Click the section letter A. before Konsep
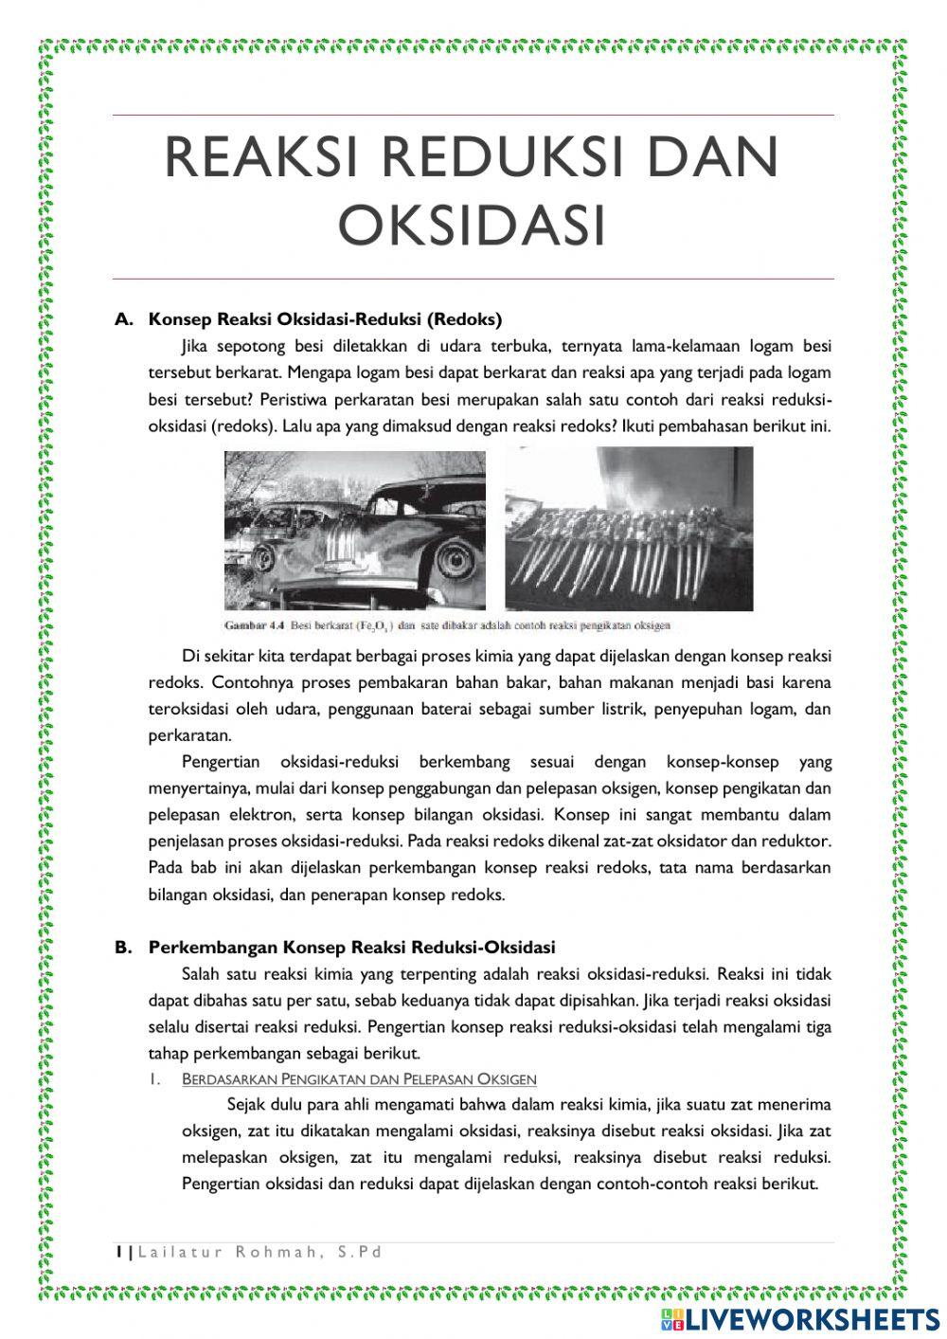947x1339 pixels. (x=123, y=319)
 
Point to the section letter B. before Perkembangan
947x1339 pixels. (x=123, y=947)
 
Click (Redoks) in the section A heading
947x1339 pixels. (x=464, y=319)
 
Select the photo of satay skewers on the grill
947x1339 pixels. (x=629, y=529)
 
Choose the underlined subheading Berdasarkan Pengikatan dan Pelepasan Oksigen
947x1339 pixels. (x=359, y=1079)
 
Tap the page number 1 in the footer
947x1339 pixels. (x=117, y=1252)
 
